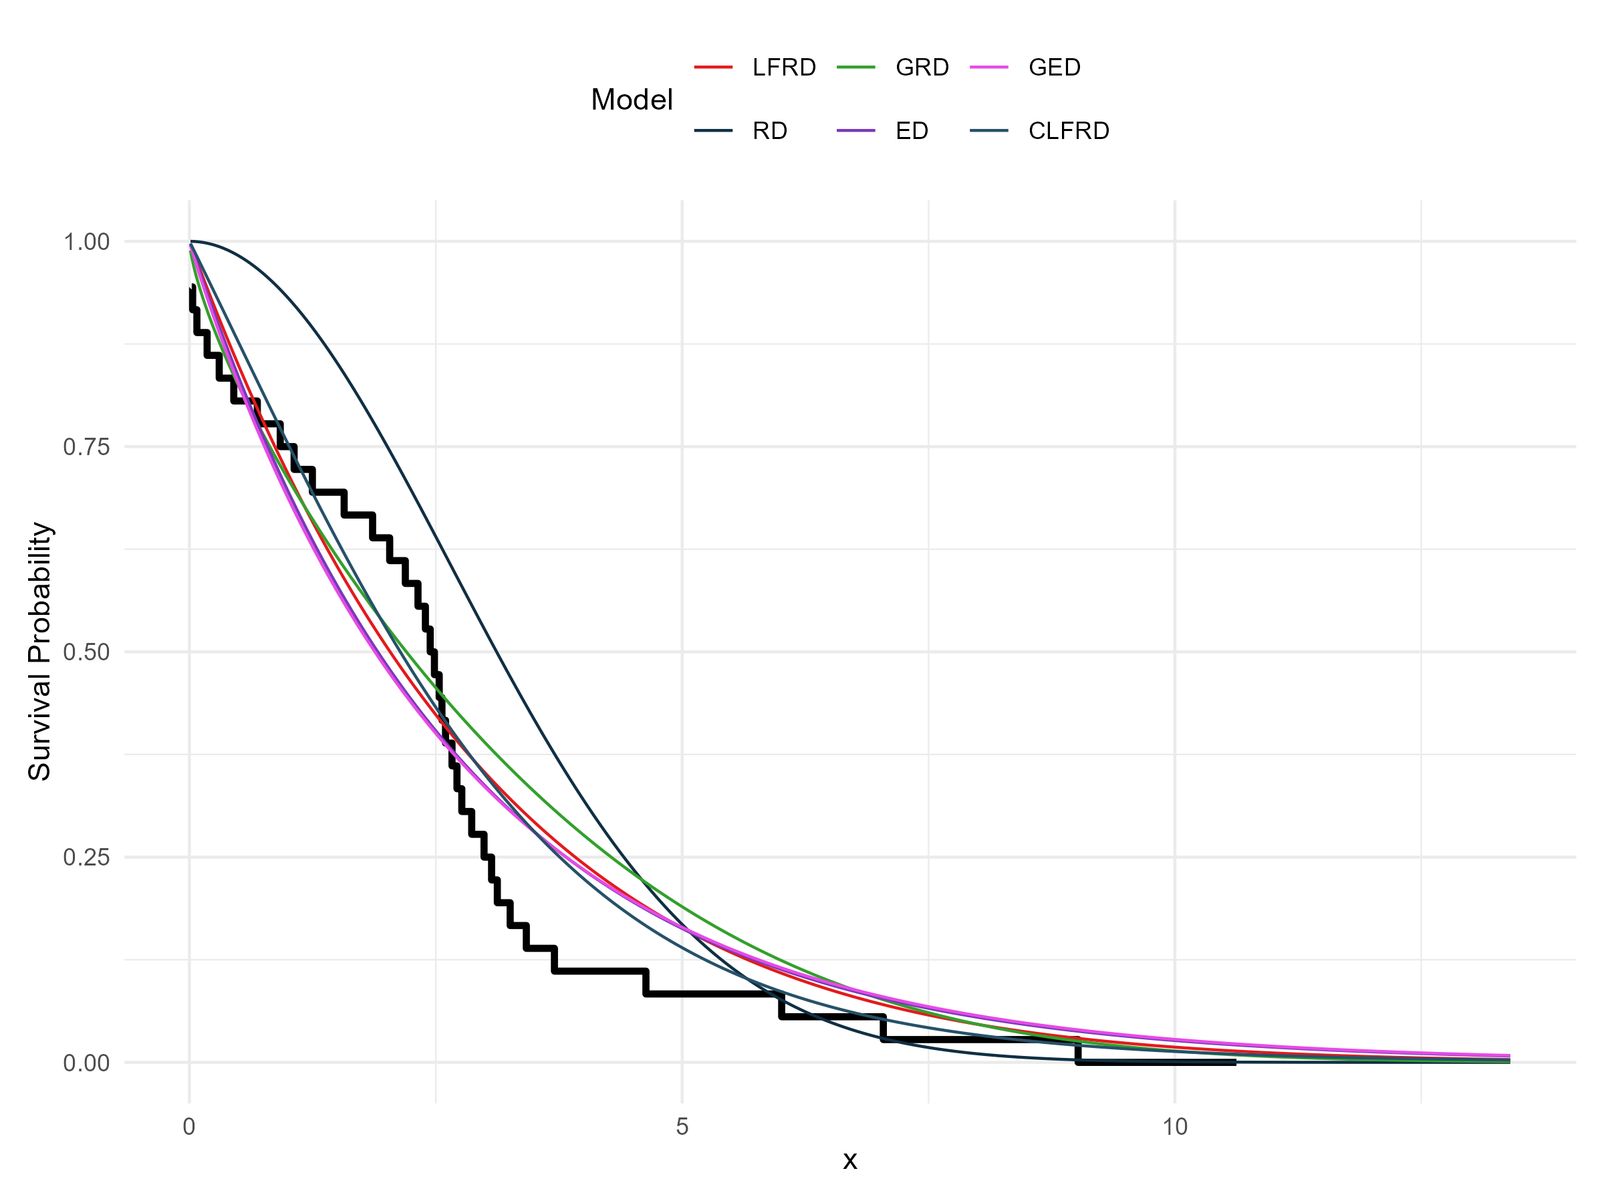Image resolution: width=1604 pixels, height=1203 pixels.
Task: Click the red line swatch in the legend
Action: tap(714, 68)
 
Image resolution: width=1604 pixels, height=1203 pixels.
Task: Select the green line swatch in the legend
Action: tap(856, 68)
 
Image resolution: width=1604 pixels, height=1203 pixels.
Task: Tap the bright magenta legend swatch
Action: tap(989, 68)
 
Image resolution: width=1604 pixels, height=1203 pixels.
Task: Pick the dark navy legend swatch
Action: tap(714, 130)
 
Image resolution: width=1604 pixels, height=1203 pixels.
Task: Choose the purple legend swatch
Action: tap(856, 130)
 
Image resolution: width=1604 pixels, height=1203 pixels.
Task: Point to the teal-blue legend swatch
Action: tap(989, 130)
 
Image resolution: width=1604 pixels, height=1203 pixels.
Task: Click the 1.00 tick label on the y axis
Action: tap(86, 241)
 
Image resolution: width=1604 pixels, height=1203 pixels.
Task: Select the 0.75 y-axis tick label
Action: tap(86, 446)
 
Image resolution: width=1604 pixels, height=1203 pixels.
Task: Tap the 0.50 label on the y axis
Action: tap(86, 652)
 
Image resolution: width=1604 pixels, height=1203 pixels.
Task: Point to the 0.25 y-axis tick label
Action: tap(86, 857)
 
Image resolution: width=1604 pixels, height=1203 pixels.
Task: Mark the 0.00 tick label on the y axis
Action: tap(86, 1063)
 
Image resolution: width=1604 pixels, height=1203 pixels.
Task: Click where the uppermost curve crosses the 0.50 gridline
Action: tap(497, 652)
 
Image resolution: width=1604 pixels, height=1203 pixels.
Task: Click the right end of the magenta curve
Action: tap(1509, 1056)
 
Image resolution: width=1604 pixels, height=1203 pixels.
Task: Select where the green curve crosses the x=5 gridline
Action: tap(682, 906)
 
